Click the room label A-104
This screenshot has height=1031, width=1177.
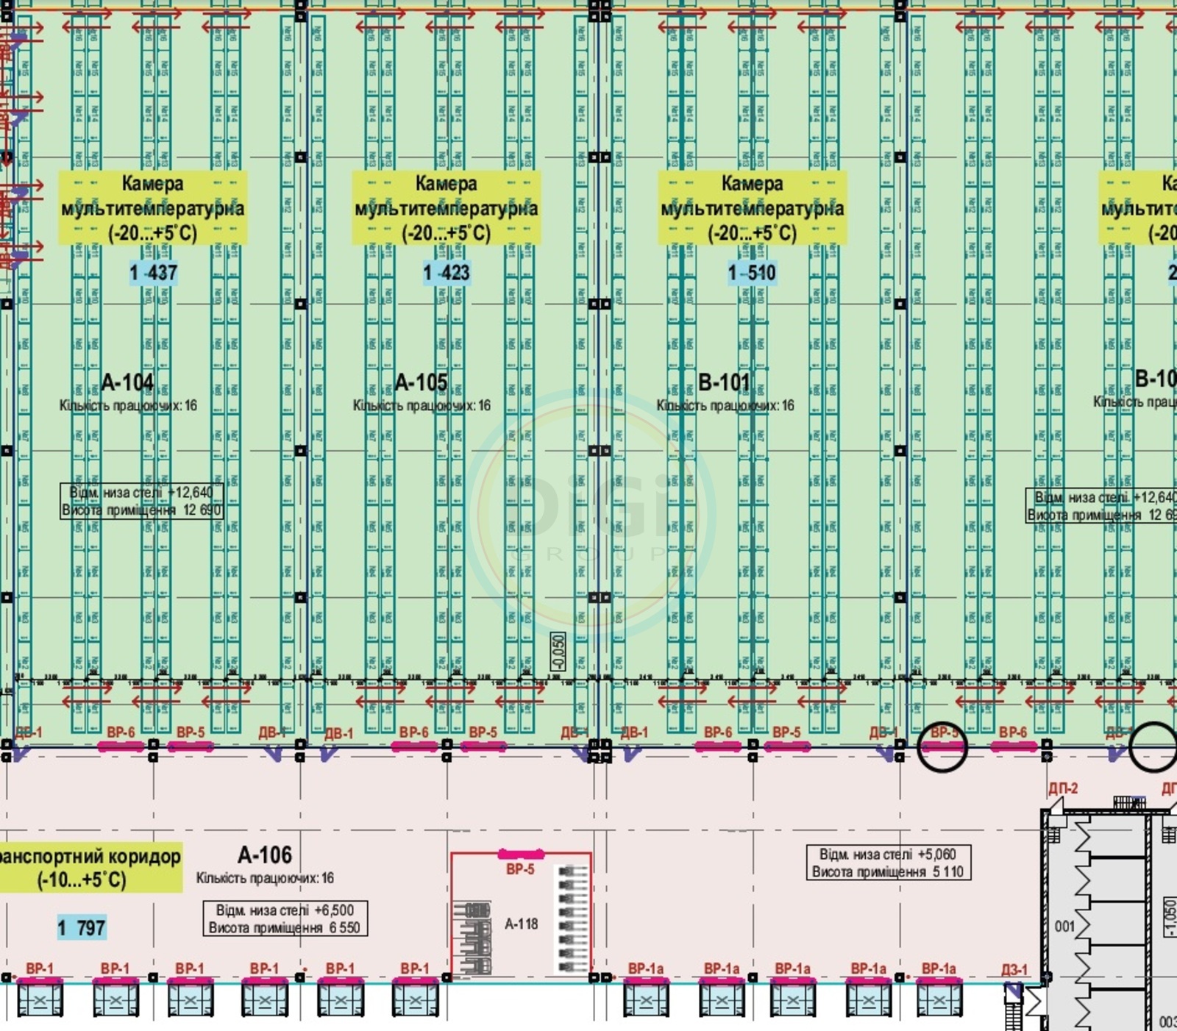pos(127,382)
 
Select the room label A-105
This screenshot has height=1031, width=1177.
pos(421,382)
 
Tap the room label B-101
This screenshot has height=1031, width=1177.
pos(724,382)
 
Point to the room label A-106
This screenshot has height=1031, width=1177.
pos(265,855)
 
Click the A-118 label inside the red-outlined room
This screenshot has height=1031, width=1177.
pos(521,924)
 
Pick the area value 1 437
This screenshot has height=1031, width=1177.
pos(153,273)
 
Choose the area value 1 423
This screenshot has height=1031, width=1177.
pos(446,273)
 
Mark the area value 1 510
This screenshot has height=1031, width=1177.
pos(752,273)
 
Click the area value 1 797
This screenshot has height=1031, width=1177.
pos(82,928)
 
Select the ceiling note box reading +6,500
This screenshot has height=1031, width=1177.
pos(285,919)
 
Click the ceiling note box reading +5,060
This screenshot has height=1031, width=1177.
pos(888,863)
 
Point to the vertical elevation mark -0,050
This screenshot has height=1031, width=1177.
pos(558,652)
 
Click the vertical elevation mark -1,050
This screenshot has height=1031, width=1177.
pos(1169,916)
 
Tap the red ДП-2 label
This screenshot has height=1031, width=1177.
pos(1063,788)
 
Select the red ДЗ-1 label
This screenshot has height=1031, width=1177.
pos(1014,970)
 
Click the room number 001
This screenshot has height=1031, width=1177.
pos(1064,927)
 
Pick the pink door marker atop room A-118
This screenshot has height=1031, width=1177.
pos(521,855)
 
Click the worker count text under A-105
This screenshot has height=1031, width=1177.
pos(422,406)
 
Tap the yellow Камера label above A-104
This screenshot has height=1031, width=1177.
pos(153,208)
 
